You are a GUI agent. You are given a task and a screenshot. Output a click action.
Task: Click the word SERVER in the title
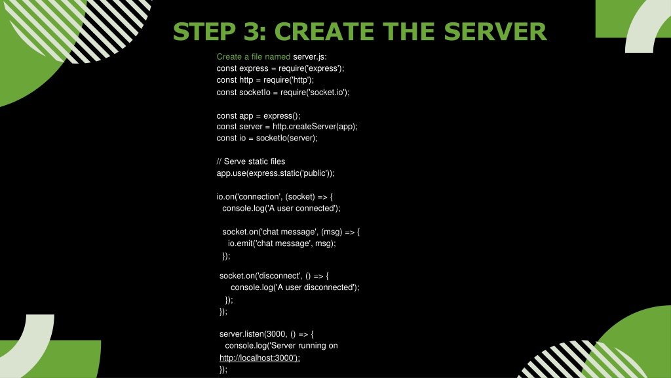point(495,31)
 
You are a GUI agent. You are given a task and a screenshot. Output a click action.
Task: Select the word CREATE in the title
point(325,31)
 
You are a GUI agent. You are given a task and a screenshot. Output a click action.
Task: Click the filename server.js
point(310,56)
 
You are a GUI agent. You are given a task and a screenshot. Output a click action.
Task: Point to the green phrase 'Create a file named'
point(254,56)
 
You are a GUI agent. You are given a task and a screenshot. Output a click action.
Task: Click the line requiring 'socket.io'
point(283,92)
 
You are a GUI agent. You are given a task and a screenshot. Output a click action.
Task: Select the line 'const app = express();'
point(258,115)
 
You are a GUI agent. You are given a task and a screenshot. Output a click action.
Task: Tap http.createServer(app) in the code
point(314,127)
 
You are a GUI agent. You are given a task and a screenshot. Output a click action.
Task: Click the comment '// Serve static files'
point(251,161)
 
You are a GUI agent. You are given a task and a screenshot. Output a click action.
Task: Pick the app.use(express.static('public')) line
point(276,173)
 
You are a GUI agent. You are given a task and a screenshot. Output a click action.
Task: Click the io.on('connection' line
point(275,197)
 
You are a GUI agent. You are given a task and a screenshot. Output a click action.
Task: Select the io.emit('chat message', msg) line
point(282,243)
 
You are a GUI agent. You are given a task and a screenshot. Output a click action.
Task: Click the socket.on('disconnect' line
point(274,276)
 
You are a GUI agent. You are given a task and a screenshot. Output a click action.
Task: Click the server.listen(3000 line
point(266,334)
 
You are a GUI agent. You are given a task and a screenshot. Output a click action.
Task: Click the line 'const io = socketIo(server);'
point(267,138)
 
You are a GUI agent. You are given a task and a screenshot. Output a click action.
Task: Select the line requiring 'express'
point(280,68)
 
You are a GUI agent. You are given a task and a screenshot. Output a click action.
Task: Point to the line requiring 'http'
point(265,80)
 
